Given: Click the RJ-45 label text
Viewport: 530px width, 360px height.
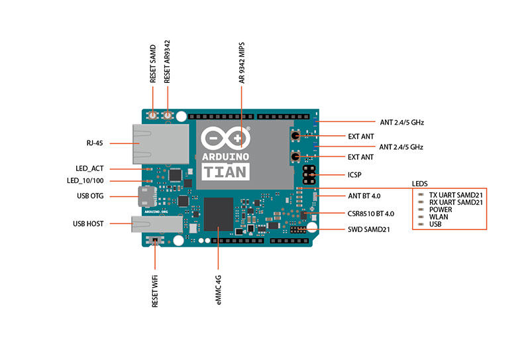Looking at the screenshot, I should [x=94, y=143].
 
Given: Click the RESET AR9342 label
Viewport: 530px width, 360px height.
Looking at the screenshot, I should [x=168, y=61].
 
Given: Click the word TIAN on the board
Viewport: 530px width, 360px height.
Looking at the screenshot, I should [x=225, y=172].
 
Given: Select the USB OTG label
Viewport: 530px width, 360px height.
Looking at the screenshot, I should [x=89, y=196].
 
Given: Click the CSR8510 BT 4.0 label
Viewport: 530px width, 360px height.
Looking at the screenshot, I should [x=371, y=213].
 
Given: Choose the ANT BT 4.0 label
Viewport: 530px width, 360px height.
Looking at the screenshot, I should [x=364, y=196].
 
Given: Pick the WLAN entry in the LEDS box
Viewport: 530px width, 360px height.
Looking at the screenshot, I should [x=440, y=217].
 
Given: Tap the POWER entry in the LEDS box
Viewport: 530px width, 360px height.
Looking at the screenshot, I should [x=441, y=210].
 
